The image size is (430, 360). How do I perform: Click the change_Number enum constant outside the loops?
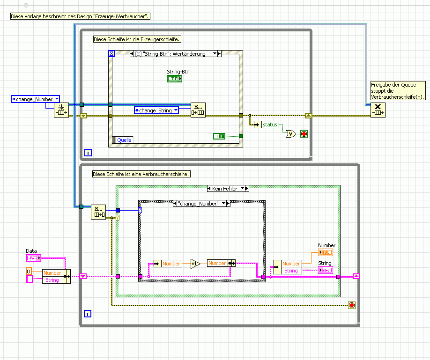point(36,99)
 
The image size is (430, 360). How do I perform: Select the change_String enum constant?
point(156,110)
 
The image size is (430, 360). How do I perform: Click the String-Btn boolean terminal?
point(174,79)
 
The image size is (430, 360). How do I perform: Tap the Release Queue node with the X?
point(378,110)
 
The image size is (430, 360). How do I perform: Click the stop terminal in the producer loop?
point(304,134)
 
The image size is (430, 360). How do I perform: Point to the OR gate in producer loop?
point(291,134)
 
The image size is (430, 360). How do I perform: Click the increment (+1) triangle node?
point(195,264)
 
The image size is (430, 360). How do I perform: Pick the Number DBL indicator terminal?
point(326,252)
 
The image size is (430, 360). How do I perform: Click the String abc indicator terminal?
point(325,270)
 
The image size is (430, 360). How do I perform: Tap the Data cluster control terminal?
point(33,258)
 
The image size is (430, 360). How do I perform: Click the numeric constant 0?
point(29,272)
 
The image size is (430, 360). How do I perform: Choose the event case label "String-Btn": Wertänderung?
point(174,54)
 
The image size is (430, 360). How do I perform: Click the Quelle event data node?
point(124,140)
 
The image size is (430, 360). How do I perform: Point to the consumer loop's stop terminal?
point(352,305)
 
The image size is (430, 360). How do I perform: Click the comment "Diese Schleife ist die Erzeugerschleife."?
point(137,39)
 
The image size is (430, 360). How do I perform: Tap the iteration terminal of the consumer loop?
point(87,314)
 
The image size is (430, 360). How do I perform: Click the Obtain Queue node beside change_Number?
point(61,110)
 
